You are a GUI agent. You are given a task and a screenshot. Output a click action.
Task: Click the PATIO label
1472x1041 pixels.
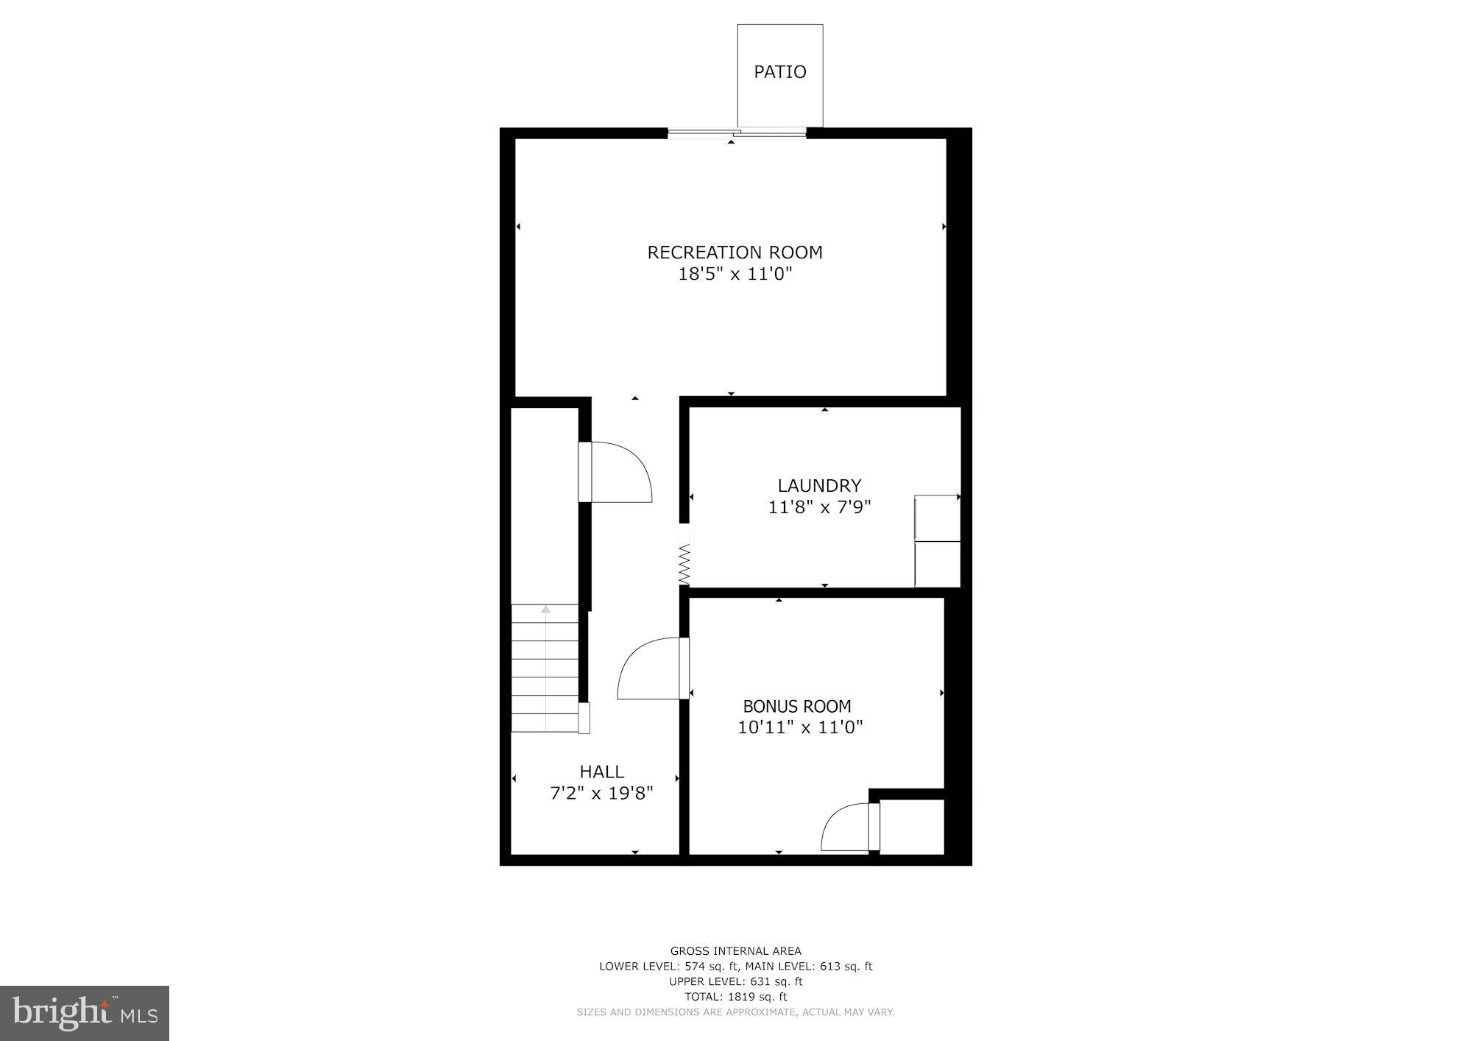point(779,72)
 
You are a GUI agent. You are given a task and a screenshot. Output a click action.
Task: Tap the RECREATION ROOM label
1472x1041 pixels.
point(735,253)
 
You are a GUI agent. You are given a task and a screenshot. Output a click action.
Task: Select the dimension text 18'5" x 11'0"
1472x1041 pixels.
point(735,275)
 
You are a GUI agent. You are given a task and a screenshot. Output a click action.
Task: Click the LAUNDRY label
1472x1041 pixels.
point(819,486)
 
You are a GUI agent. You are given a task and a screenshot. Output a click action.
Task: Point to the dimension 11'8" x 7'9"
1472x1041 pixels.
point(819,507)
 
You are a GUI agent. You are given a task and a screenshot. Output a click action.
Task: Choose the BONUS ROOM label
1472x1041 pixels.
point(797,707)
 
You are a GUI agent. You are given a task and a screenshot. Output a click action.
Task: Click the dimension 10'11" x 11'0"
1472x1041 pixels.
point(800,727)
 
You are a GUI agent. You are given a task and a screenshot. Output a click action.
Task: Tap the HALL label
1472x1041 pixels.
point(602,772)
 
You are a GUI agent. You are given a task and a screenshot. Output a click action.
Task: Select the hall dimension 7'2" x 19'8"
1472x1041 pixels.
point(602,793)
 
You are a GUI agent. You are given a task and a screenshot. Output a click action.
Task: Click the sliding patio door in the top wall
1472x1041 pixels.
point(737,133)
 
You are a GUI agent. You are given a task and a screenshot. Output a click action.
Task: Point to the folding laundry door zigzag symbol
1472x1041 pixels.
point(684,564)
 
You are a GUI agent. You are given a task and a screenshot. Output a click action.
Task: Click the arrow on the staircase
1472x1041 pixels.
point(545,610)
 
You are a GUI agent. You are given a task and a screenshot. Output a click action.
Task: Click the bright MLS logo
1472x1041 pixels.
point(85,1014)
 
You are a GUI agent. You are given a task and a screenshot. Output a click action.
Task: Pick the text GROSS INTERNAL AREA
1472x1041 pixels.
point(735,951)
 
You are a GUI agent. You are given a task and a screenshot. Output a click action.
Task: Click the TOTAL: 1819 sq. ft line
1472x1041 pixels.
point(735,997)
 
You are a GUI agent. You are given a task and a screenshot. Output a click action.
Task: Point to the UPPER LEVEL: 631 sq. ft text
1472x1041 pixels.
point(735,981)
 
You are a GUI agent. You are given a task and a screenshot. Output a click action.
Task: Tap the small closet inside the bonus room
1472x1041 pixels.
point(911,827)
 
